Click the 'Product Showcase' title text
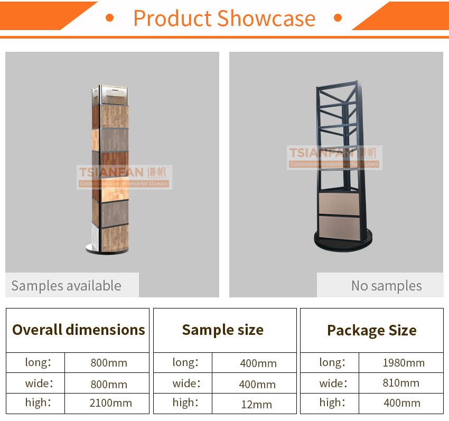[224, 18]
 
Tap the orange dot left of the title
[109, 18]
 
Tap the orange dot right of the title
[338, 18]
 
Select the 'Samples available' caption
[67, 286]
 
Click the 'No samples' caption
[387, 286]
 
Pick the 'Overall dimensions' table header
[79, 330]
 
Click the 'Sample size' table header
[223, 330]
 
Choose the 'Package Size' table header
[372, 331]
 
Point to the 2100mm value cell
[111, 403]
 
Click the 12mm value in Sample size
[257, 405]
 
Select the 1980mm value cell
[404, 363]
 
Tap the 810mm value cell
[401, 383]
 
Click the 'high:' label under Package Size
[332, 403]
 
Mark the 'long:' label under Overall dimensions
[38, 362]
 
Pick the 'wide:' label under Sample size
[186, 383]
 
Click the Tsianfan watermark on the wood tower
[124, 177]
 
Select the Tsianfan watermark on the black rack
[335, 157]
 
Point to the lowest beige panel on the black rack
[340, 228]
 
